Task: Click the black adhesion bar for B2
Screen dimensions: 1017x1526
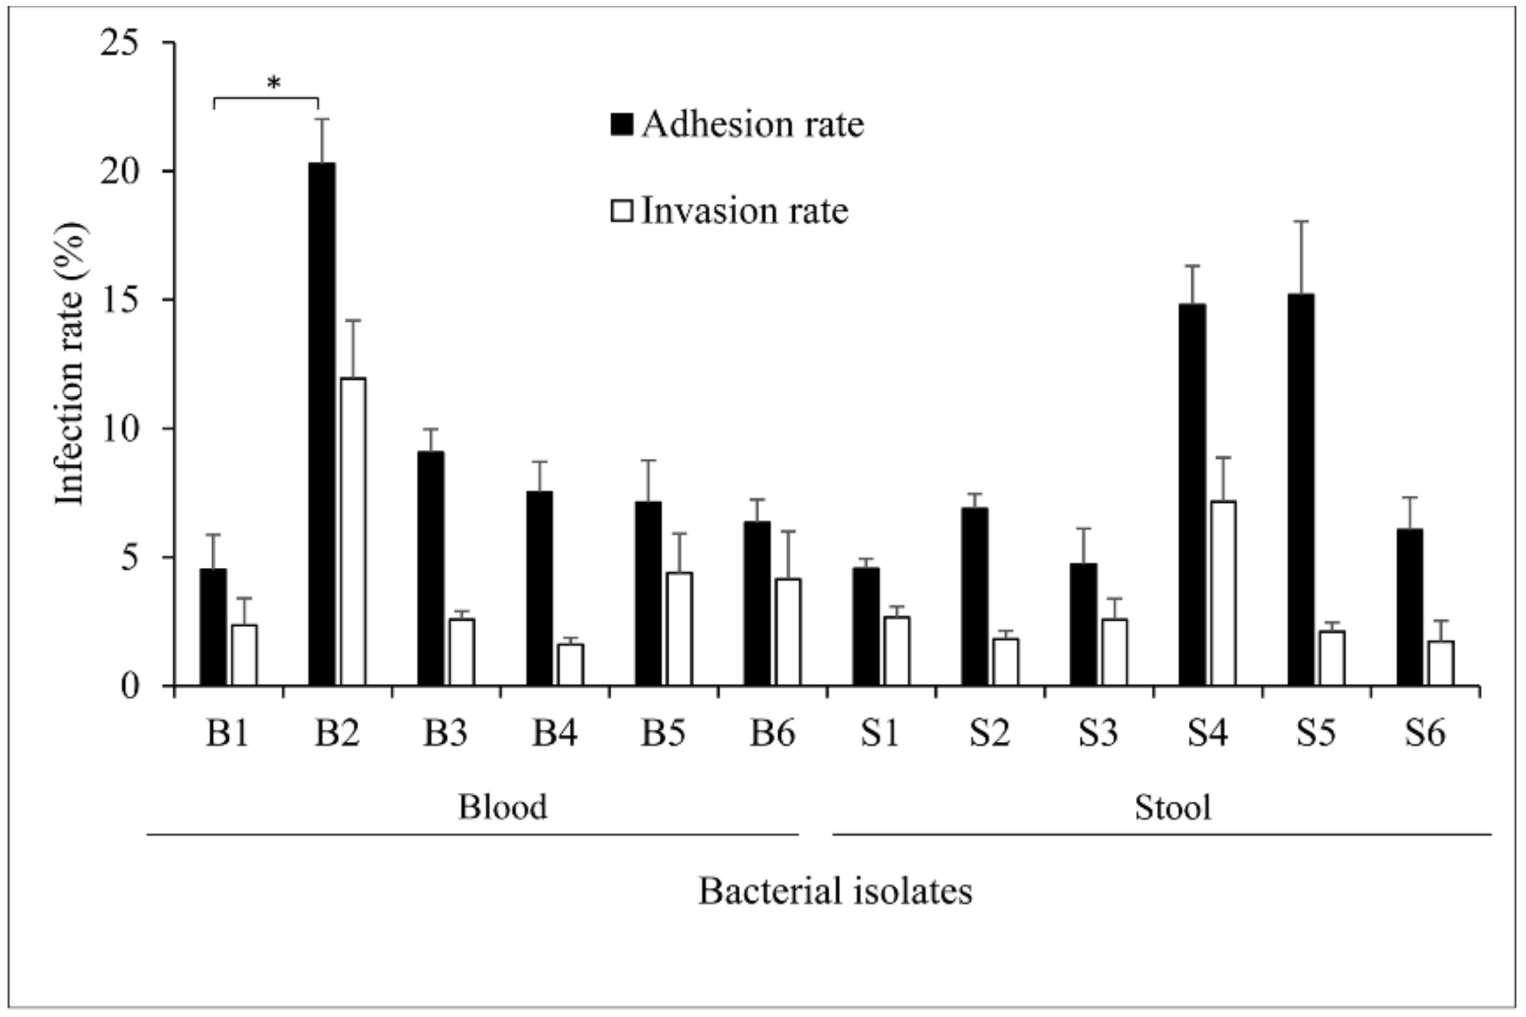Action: pos(322,425)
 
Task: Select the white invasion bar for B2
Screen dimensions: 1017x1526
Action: pos(353,532)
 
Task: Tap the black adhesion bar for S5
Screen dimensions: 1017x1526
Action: pos(1301,490)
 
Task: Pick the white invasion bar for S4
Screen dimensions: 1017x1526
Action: pos(1223,594)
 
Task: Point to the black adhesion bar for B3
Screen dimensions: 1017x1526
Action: pos(431,569)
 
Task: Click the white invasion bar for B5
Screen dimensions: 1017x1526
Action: pos(680,629)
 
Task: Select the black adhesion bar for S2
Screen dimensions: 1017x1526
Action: pos(975,597)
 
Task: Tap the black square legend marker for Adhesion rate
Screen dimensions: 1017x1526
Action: pos(621,123)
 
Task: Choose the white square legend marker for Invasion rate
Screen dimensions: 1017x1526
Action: pos(621,211)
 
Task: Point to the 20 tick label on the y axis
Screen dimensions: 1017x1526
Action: pos(120,171)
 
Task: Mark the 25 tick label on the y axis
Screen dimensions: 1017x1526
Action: pos(120,43)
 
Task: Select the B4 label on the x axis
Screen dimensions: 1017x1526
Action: pos(554,734)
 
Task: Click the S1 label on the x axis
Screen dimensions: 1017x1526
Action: pos(881,734)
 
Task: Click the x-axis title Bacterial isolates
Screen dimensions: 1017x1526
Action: pos(835,891)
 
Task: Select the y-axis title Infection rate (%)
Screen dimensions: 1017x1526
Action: pos(70,363)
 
